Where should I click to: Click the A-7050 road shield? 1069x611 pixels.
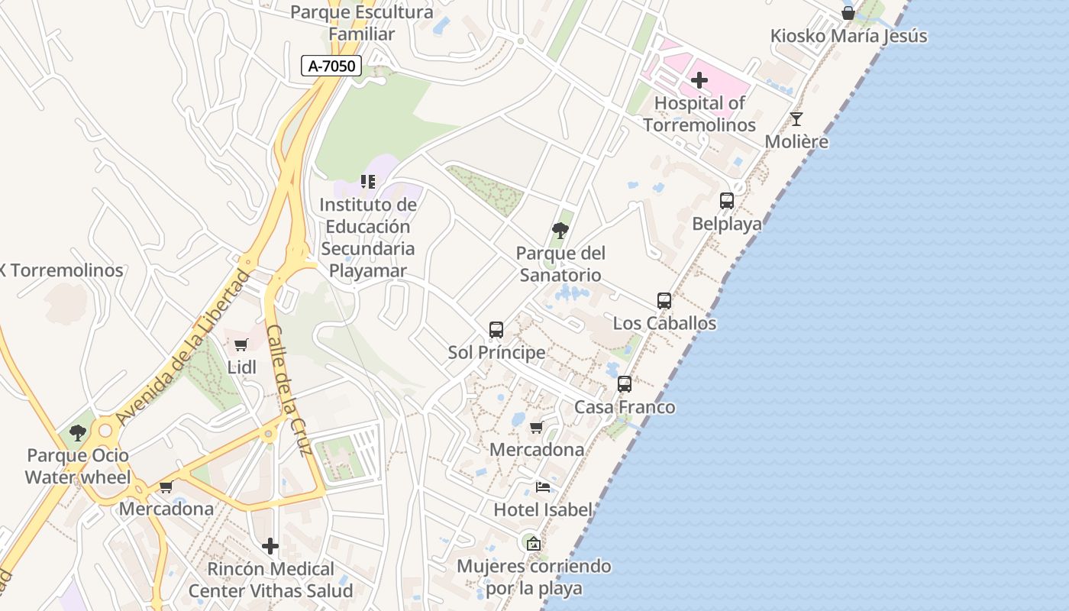(x=331, y=66)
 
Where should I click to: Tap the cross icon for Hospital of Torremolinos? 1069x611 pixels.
(x=699, y=80)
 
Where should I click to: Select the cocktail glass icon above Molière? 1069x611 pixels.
(x=796, y=119)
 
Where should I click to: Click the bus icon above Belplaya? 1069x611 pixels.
(x=727, y=201)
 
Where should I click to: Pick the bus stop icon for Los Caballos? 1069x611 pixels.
(x=664, y=301)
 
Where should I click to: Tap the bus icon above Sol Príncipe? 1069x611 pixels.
(x=496, y=330)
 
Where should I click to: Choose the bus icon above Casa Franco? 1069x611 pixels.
(x=625, y=384)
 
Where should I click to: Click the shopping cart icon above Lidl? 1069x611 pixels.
(x=241, y=345)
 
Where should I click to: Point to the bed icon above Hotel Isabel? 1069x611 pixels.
(x=543, y=487)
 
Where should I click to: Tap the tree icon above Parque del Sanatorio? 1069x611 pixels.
(x=560, y=230)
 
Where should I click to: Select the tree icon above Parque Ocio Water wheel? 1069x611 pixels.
(x=77, y=433)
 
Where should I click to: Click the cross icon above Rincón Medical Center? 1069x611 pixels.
(x=270, y=546)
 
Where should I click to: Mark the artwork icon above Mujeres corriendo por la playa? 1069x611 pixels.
(x=534, y=544)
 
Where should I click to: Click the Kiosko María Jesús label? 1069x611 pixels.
(x=848, y=36)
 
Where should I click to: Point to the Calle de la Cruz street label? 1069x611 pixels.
(x=290, y=390)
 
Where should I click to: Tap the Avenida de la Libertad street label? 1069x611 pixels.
(x=184, y=348)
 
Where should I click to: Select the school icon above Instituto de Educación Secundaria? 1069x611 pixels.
(x=368, y=182)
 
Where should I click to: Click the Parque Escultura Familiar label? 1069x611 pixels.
(x=362, y=23)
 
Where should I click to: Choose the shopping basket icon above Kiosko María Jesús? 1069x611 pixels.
(x=848, y=13)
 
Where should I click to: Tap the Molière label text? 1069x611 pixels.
(x=796, y=141)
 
